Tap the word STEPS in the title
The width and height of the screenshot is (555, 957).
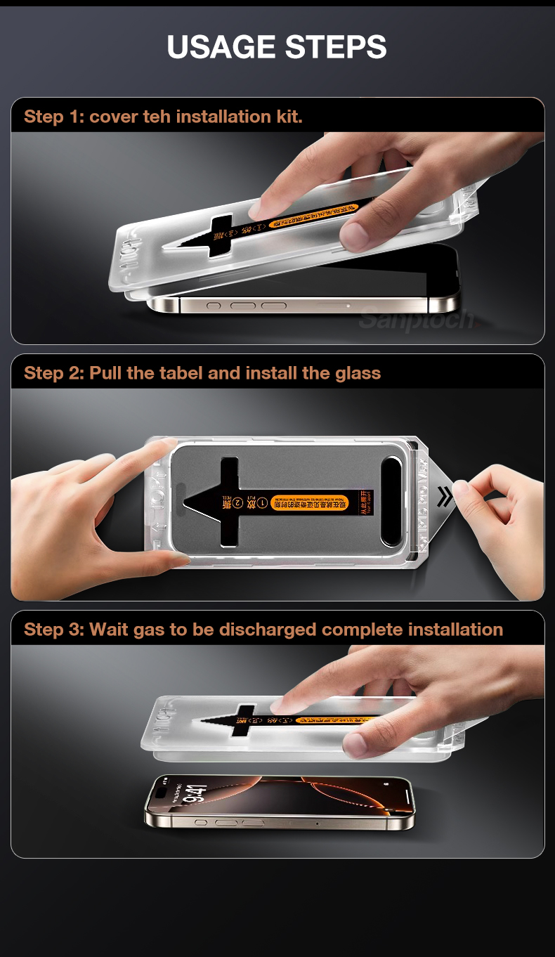tap(336, 47)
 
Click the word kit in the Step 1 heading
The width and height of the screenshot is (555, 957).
tap(288, 117)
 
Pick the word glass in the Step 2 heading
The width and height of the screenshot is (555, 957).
tap(358, 373)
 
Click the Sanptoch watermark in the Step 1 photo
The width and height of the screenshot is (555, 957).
tap(416, 320)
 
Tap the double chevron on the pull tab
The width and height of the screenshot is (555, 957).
tap(445, 497)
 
